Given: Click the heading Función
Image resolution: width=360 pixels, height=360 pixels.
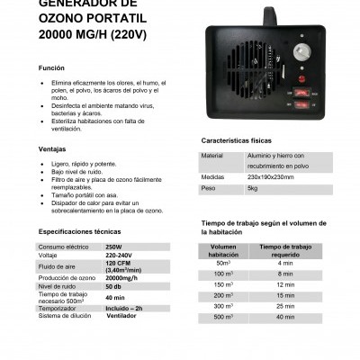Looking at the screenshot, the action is [x=50, y=69].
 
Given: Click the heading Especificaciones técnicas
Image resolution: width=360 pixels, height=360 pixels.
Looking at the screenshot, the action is [x=79, y=231].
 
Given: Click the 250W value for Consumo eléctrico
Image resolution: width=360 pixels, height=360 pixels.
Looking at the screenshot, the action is [x=113, y=246].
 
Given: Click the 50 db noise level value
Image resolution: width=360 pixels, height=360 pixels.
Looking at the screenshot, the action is [x=114, y=286].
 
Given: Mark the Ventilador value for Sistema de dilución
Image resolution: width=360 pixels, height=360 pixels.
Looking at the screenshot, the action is [x=123, y=316].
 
